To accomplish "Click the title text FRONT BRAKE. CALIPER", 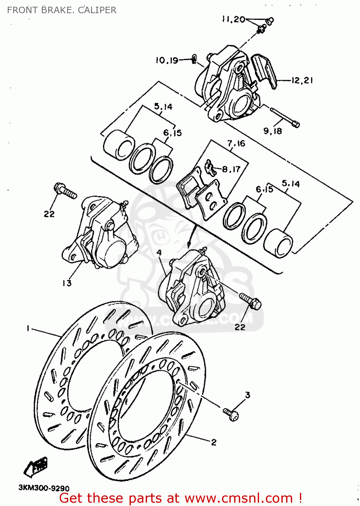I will click(62, 10).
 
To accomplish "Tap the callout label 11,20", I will click(233, 19).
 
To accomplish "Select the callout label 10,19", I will click(167, 60).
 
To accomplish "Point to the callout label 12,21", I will click(302, 80).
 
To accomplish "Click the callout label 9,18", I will click(273, 131).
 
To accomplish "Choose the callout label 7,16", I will click(236, 144).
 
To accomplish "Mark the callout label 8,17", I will click(231, 169).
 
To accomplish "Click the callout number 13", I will click(67, 283).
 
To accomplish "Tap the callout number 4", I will click(159, 252).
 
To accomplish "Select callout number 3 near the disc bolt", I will click(248, 395).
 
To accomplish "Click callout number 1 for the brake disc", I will click(28, 328).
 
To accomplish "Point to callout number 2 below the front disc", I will click(214, 442).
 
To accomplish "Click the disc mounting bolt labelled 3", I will click(231, 414).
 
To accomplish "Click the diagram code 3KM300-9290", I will click(44, 488).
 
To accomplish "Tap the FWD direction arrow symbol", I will click(36, 467).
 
